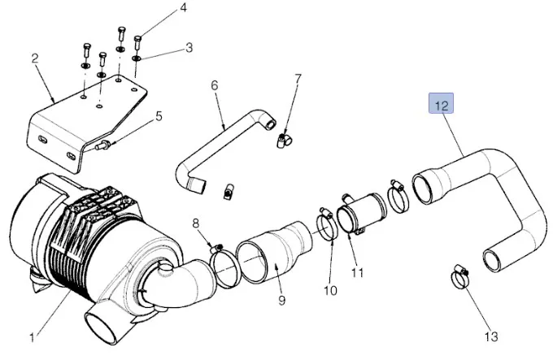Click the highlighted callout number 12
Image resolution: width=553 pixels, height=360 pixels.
click(440, 106)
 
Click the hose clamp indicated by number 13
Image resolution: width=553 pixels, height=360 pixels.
click(460, 279)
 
